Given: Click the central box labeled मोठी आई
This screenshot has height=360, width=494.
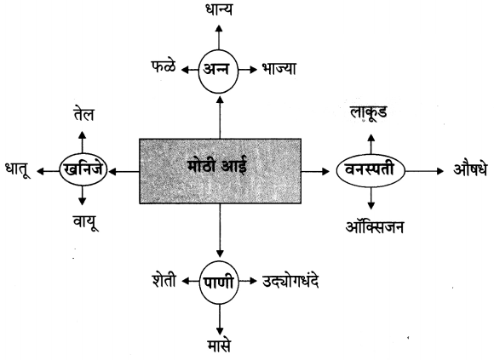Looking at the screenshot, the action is pos(221,171).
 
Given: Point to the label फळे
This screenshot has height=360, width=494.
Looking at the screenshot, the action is pos(164,66).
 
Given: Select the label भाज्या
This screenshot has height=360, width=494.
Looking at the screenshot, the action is pos(279,69).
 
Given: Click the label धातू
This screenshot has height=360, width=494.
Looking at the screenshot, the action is pos(18,169).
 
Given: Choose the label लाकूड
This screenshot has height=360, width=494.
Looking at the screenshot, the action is pos(369,112).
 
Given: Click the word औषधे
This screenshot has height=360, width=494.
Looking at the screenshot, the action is pos(470,169).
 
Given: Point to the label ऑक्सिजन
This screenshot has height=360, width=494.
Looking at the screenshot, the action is pos(374,226).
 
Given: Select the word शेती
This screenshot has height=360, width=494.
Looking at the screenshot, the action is pos(164,280).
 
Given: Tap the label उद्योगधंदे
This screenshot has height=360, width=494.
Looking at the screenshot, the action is pos(290,281).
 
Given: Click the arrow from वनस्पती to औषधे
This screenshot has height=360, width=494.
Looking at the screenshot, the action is pos(424,171).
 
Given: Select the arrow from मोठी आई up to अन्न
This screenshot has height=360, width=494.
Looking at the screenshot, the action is pos(221,117).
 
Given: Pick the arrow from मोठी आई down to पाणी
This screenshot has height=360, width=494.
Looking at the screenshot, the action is pos(220,231).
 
